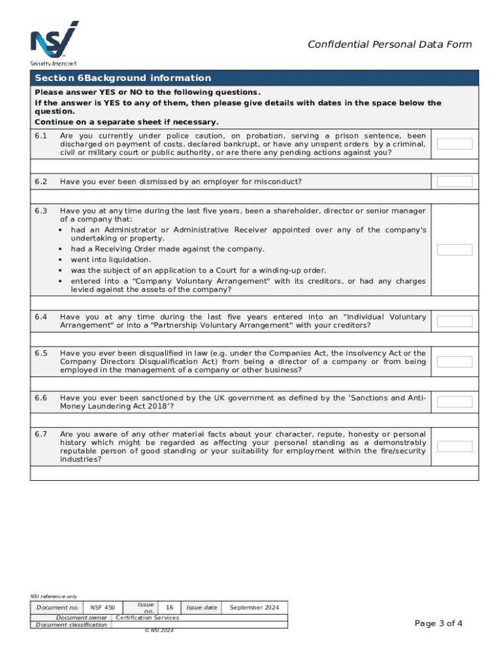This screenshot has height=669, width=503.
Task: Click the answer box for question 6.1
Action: point(454,144)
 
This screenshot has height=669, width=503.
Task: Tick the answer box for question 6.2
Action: point(454,181)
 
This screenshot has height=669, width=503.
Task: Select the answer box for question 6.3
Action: point(454,250)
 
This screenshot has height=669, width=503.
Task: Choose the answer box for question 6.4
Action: point(454,321)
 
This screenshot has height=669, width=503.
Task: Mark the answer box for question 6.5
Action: point(454,362)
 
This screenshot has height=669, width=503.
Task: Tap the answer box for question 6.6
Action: point(454,402)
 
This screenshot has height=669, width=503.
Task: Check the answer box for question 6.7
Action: point(454,446)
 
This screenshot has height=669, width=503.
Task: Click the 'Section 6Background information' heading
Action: point(123,78)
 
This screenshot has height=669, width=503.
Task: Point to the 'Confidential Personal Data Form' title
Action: point(389,44)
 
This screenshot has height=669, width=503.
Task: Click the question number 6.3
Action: point(41,211)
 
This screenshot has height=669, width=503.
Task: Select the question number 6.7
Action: point(41,434)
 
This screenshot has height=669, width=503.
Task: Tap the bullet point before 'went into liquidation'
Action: point(61,259)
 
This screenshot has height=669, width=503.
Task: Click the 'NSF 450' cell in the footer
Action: point(103,608)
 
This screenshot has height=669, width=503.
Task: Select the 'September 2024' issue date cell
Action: point(254,608)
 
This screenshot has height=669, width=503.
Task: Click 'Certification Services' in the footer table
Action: point(147,617)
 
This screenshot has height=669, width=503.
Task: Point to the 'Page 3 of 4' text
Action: point(438,623)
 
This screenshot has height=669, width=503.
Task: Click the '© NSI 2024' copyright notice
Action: point(159,630)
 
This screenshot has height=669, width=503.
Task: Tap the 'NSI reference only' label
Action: point(54,596)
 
